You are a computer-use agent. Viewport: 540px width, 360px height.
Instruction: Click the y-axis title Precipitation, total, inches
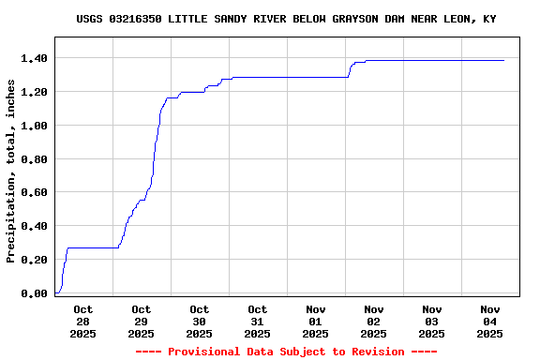click(11, 171)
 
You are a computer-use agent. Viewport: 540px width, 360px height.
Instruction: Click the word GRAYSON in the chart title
click(355, 19)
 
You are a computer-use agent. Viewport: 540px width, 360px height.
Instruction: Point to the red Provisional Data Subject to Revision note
click(286, 352)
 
